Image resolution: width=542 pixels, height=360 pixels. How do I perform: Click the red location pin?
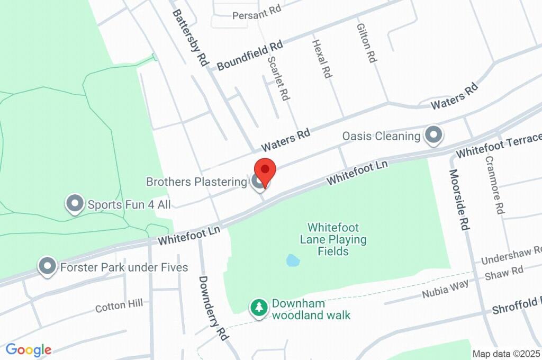click(x=265, y=170)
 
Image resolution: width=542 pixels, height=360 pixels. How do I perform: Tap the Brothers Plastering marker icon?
click(x=258, y=182)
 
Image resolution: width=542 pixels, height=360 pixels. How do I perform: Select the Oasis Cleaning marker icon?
click(x=434, y=136)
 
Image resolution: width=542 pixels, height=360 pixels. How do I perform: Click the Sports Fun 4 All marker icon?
click(x=75, y=204)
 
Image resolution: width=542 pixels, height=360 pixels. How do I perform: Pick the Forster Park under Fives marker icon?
click(x=48, y=267)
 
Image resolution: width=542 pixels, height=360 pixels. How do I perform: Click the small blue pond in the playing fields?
click(x=292, y=260)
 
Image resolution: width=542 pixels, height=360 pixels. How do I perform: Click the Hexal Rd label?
click(x=321, y=59)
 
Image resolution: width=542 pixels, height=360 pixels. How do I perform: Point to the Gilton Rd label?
click(x=366, y=43)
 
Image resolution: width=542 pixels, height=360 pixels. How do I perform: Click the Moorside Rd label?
click(x=459, y=199)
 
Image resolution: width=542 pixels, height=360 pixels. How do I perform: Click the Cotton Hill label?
click(x=119, y=306)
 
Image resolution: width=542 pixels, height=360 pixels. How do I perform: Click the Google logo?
click(x=29, y=350)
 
